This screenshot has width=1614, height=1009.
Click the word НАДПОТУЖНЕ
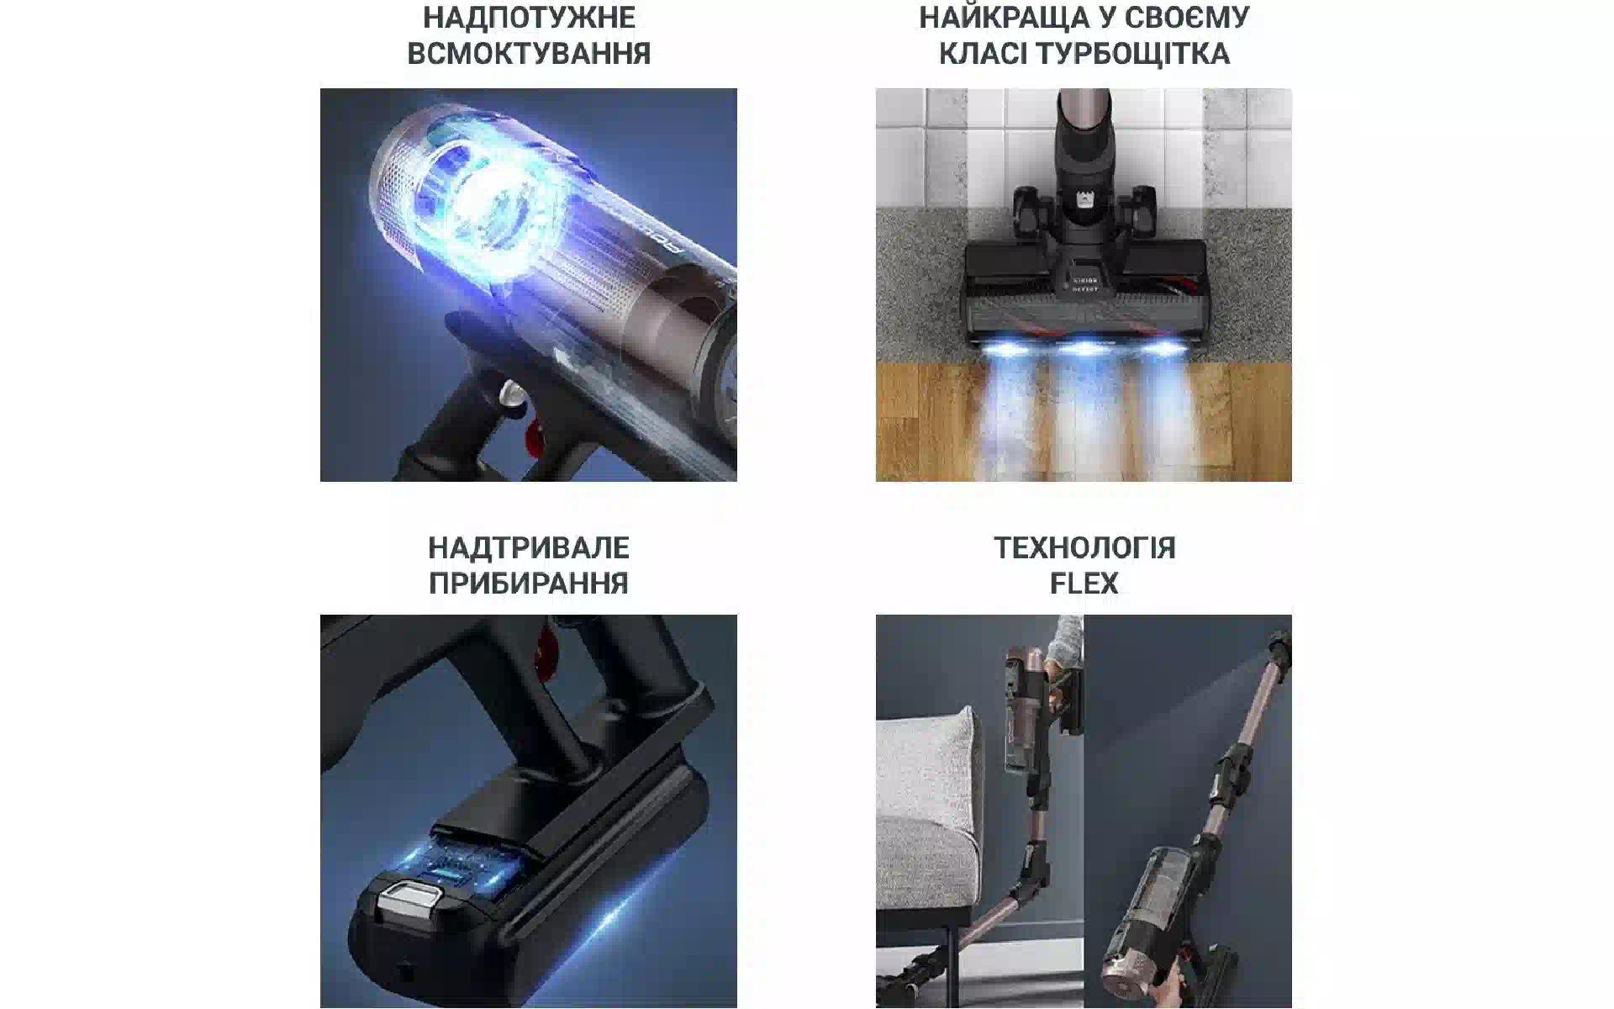tap(529, 17)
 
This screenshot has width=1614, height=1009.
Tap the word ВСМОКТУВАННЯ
tap(529, 53)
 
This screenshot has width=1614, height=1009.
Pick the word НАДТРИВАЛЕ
tap(529, 547)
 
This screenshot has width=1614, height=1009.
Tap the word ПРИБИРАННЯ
tap(529, 583)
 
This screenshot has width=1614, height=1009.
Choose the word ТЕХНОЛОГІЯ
tap(1084, 547)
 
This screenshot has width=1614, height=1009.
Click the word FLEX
tap(1084, 583)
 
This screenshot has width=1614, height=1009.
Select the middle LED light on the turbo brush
tap(1084, 347)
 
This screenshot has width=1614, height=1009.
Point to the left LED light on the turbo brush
tap(1005, 346)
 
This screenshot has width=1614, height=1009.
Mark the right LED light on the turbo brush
tap(1164, 347)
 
